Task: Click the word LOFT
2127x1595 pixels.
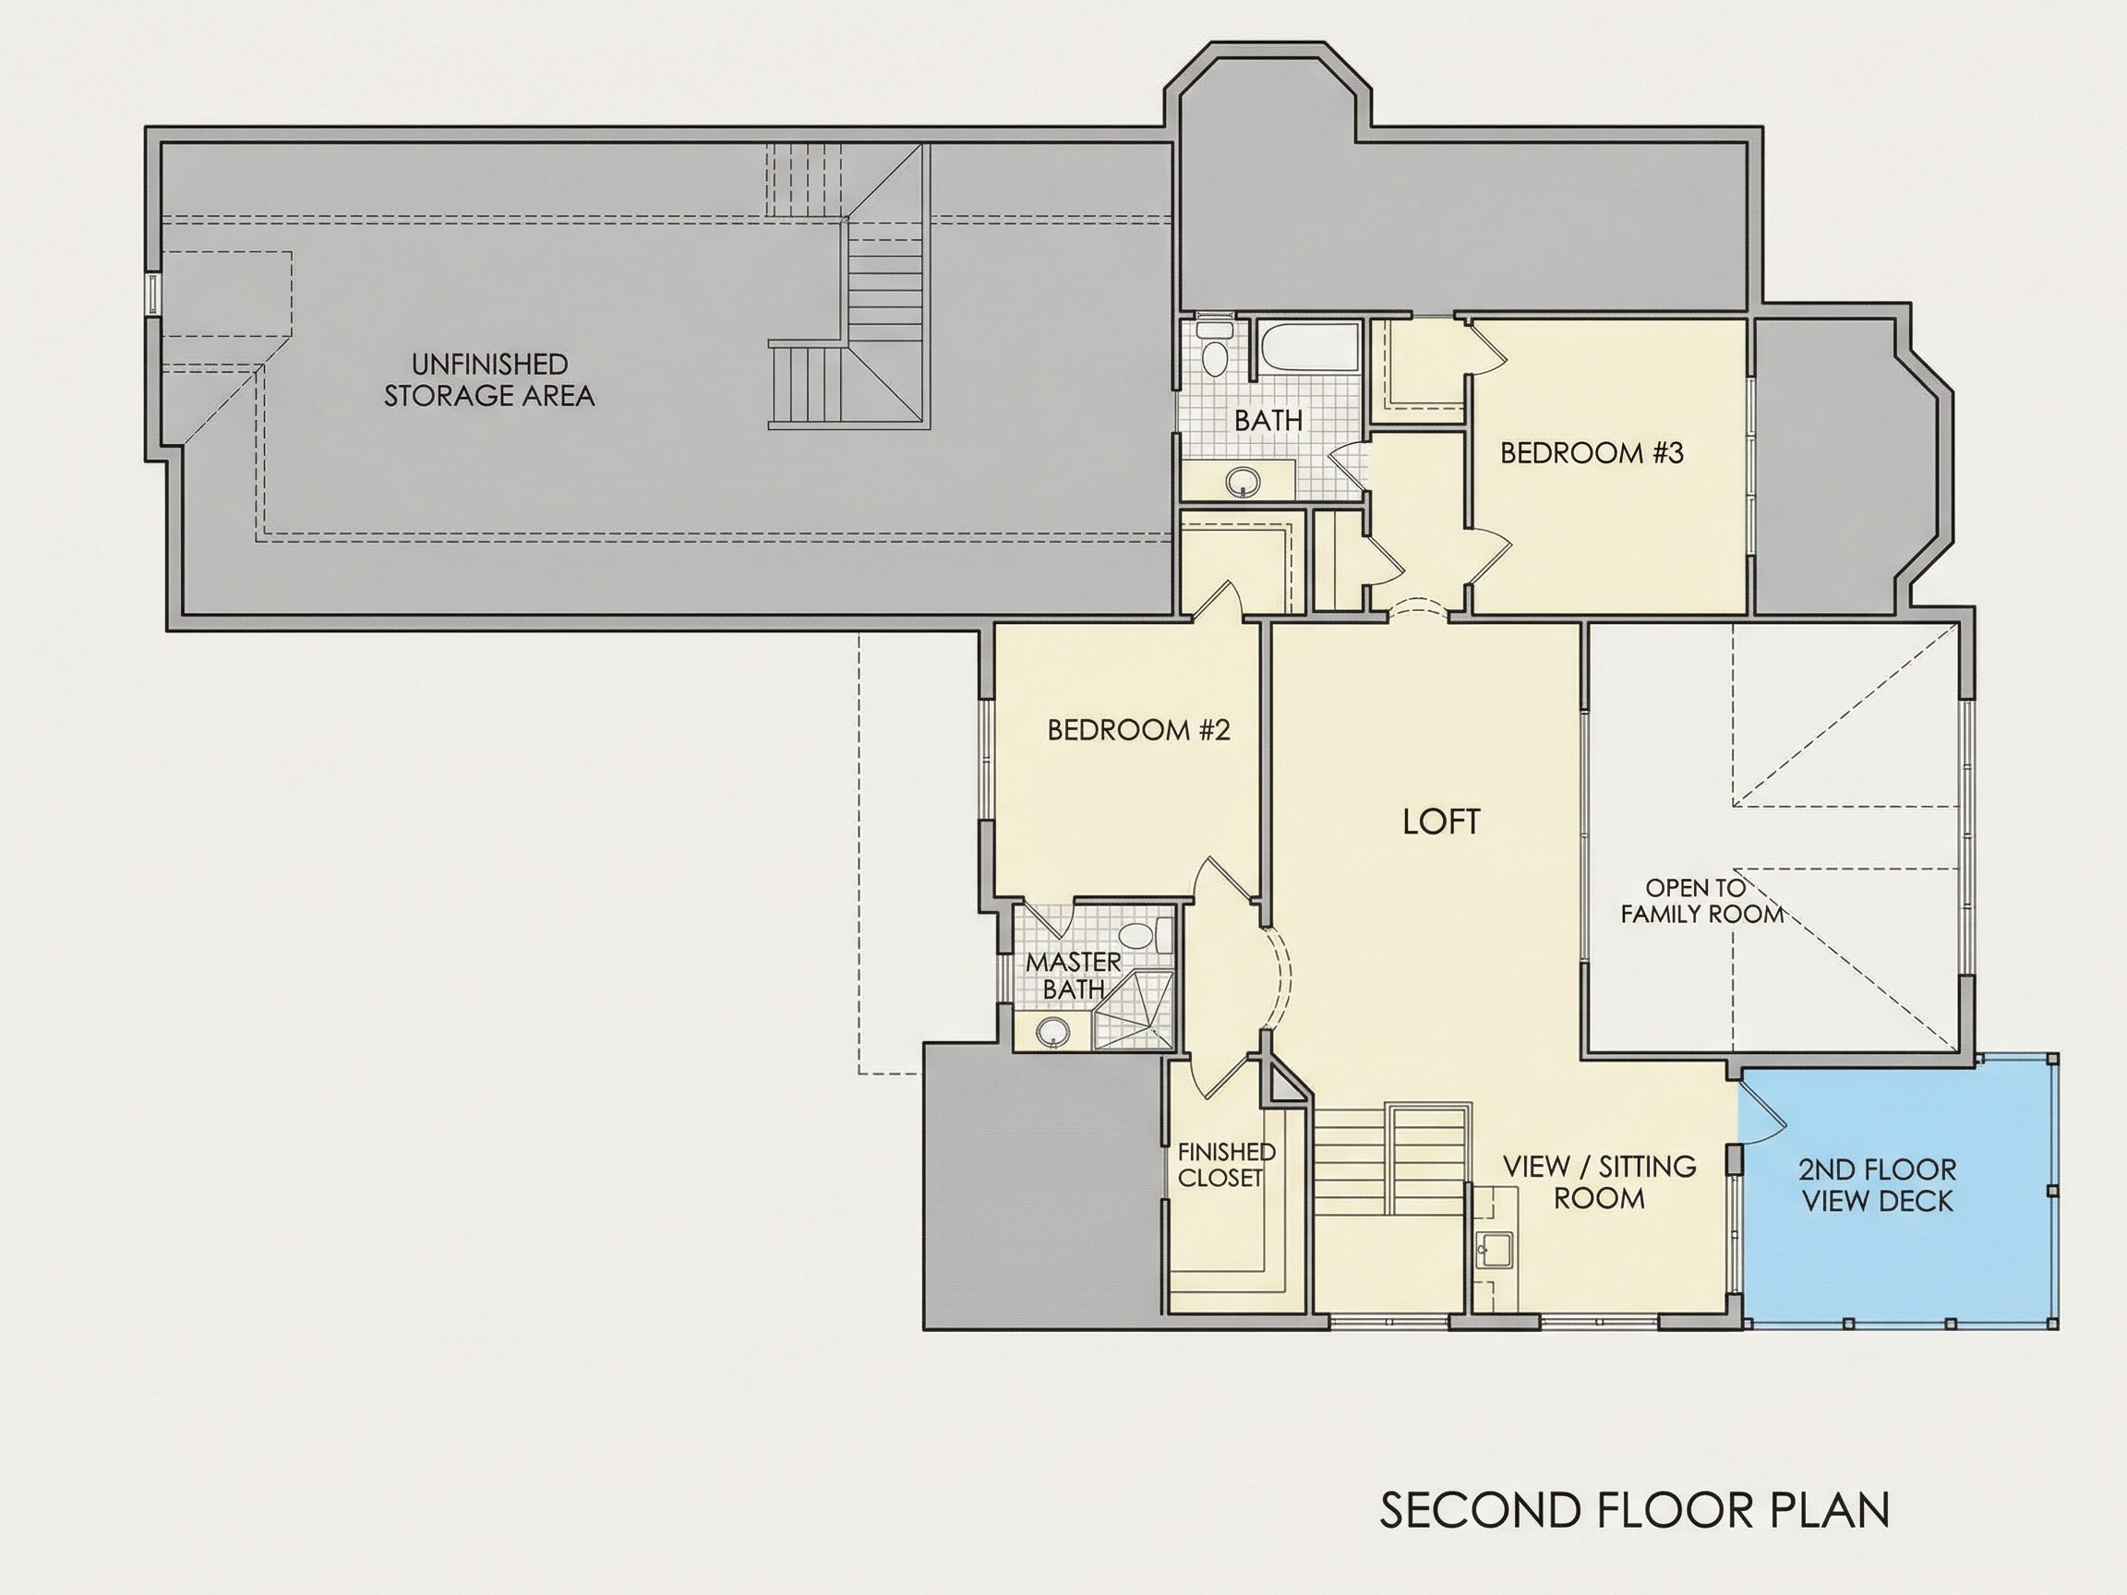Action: coord(1441,822)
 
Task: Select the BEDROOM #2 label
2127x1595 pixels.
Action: coord(1138,731)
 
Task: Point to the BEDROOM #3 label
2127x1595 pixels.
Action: coord(1592,453)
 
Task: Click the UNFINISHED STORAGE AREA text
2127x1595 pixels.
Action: coord(489,379)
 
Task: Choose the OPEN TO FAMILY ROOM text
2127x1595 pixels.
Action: coord(1702,901)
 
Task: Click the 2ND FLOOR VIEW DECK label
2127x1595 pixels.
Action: coord(1878,1184)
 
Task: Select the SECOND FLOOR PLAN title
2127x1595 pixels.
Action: coord(1636,1510)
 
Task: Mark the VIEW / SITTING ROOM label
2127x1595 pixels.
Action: coord(1599,1181)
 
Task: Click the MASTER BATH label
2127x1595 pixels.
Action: coord(1073,975)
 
